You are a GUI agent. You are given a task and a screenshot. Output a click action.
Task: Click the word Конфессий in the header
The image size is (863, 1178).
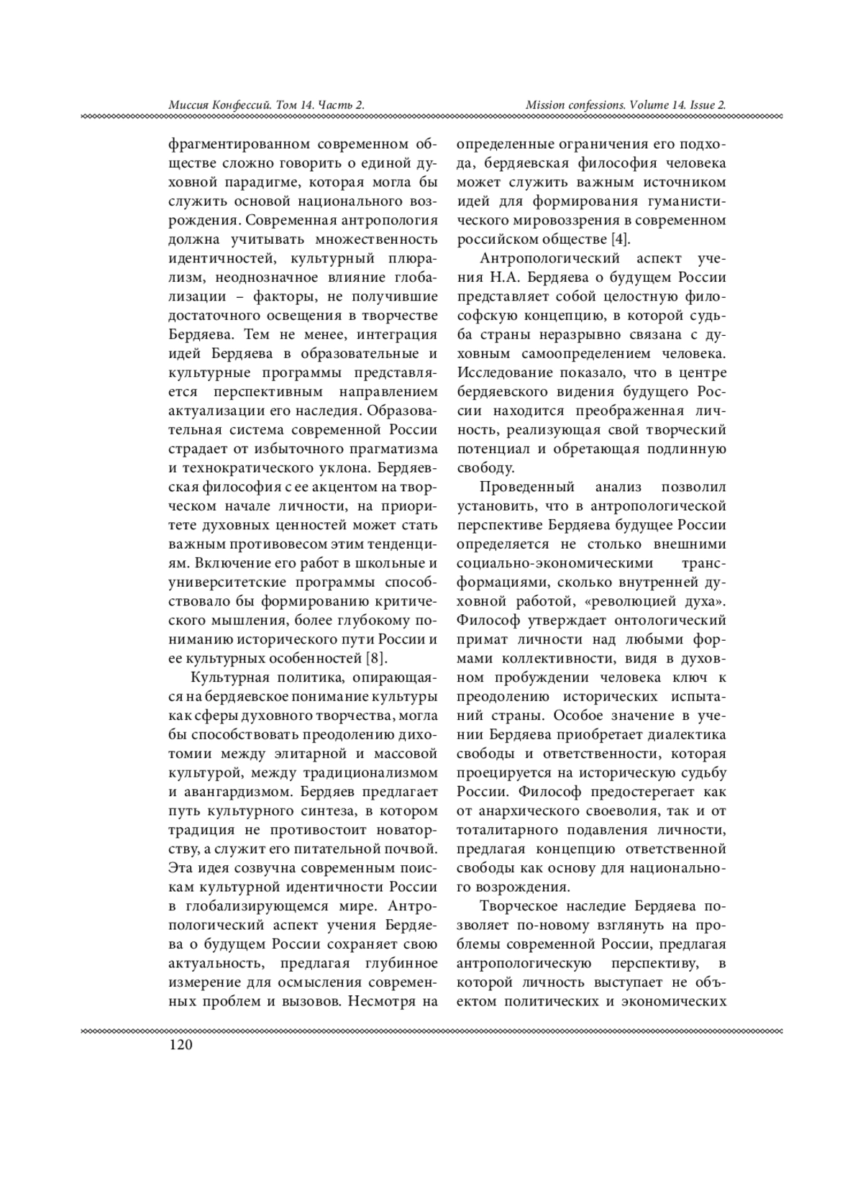(242, 105)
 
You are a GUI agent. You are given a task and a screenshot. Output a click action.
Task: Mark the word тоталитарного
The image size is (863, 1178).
(508, 829)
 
